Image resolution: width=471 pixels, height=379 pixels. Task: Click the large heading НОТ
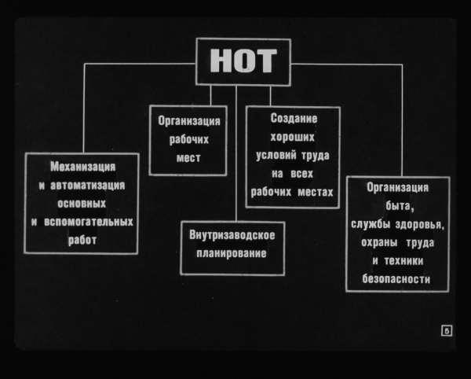point(243,61)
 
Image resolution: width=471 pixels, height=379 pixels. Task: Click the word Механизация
point(83,167)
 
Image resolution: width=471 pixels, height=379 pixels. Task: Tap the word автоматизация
point(87,186)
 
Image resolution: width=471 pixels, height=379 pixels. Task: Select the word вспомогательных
point(89,222)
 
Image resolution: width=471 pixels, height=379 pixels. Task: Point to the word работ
point(82,240)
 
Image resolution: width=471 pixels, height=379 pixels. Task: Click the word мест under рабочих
point(188,158)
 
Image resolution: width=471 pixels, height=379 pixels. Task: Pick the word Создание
point(294,119)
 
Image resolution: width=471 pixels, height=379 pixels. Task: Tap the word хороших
point(292,137)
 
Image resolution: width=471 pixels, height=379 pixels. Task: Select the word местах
point(316,192)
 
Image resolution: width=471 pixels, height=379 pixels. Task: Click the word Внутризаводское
point(232,235)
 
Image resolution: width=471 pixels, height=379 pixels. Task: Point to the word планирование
point(232,253)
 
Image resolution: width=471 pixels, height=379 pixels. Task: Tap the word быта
point(398,206)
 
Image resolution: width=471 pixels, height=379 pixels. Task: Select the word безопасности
point(396,279)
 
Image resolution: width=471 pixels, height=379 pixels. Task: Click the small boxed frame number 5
point(447,331)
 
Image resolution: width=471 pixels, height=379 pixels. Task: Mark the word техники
point(403,261)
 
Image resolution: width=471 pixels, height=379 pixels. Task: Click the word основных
point(82,204)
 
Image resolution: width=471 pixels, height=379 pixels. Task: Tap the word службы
point(371,224)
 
